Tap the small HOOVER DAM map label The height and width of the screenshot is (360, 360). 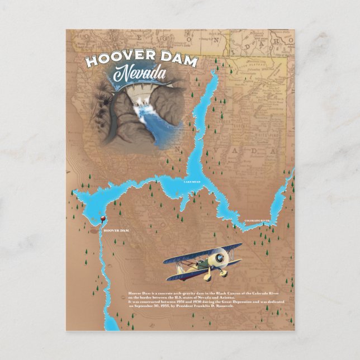117,230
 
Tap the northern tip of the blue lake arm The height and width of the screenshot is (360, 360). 215,74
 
